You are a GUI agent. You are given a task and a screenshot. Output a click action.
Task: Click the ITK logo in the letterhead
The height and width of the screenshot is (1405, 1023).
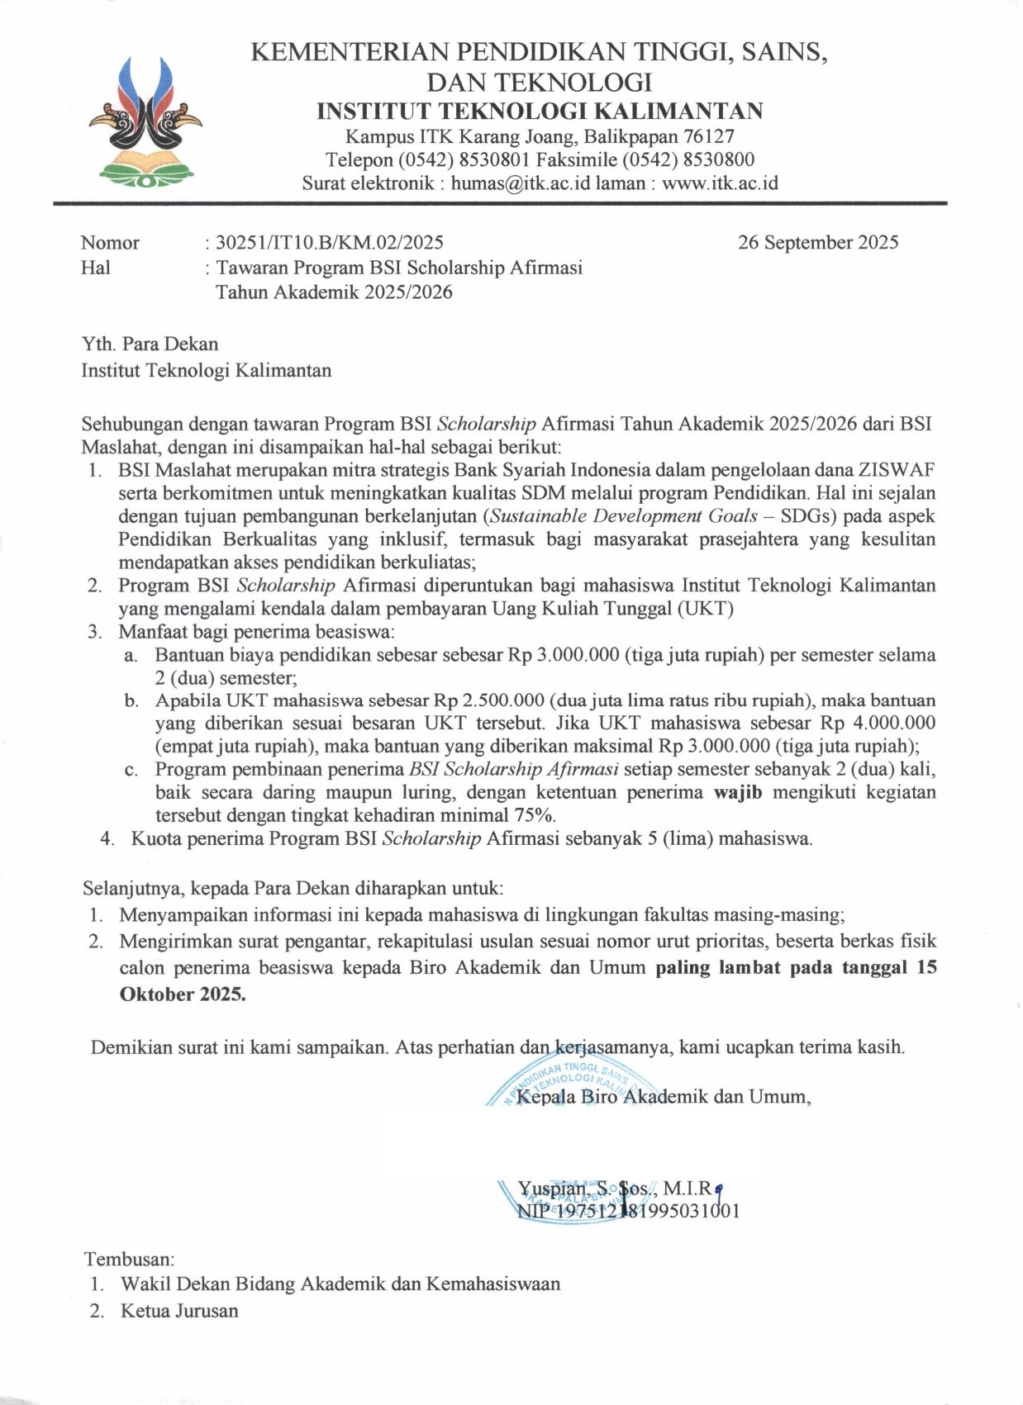(x=145, y=119)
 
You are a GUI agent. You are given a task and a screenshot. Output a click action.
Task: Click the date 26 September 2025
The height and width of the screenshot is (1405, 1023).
(x=817, y=242)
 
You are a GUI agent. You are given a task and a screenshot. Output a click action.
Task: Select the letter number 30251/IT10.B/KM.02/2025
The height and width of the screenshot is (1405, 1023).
(x=329, y=242)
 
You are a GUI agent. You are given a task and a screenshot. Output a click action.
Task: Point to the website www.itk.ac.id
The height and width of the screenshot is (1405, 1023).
(x=720, y=183)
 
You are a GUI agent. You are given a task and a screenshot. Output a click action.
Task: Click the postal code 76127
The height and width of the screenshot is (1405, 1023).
(x=709, y=135)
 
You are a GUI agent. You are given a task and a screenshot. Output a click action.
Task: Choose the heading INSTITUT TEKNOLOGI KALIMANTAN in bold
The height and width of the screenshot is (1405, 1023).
(x=540, y=111)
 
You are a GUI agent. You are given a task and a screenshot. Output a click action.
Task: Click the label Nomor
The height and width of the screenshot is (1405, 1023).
(x=110, y=242)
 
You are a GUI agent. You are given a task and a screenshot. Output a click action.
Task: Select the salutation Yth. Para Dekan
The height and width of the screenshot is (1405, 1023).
(x=150, y=344)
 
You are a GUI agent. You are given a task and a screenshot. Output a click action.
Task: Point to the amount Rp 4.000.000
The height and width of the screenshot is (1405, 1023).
(x=878, y=723)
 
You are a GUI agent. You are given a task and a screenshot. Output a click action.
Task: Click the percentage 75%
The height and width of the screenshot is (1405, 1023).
(x=534, y=814)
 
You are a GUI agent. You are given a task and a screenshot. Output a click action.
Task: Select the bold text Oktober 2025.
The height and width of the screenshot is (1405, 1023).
(x=183, y=993)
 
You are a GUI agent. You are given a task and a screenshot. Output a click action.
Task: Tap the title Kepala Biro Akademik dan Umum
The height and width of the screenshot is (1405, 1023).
(x=663, y=1096)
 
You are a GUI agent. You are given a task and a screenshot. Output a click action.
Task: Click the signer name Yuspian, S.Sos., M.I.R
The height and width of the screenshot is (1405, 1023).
(x=615, y=1189)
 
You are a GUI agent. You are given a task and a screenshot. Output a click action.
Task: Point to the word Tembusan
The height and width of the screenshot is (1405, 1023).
(x=129, y=1259)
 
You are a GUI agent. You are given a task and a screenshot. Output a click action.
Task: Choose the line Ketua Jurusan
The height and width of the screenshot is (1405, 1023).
(x=179, y=1310)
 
